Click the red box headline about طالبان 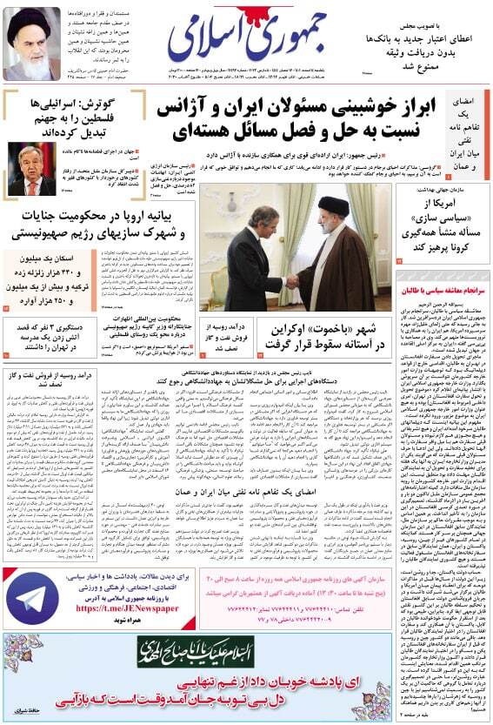pyautogui.click(x=443, y=287)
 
